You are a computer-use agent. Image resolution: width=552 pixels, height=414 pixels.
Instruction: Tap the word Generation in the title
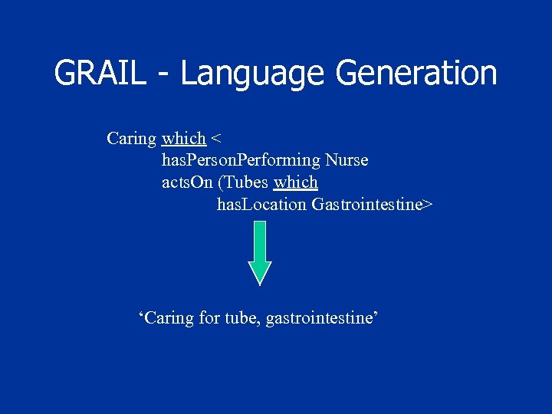[x=416, y=74]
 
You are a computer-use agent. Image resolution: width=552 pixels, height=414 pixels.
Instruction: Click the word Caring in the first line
[x=132, y=139]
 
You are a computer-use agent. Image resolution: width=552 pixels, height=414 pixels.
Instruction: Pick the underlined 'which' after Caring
[x=184, y=138]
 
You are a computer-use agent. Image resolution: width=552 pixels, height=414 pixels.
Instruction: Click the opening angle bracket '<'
[x=217, y=139]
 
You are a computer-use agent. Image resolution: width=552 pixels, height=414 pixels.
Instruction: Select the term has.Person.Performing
[x=241, y=160]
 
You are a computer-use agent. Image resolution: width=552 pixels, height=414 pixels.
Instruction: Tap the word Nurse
[x=347, y=160]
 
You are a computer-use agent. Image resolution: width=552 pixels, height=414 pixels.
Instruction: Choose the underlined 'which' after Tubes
[x=296, y=182]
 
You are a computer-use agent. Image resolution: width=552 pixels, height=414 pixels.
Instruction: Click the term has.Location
[x=261, y=205]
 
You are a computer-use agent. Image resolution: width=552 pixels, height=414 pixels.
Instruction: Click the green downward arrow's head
[x=260, y=272]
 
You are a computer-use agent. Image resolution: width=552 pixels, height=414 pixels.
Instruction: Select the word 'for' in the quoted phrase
[x=209, y=317]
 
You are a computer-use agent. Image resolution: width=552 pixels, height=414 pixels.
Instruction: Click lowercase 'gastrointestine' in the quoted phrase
[x=321, y=317]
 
